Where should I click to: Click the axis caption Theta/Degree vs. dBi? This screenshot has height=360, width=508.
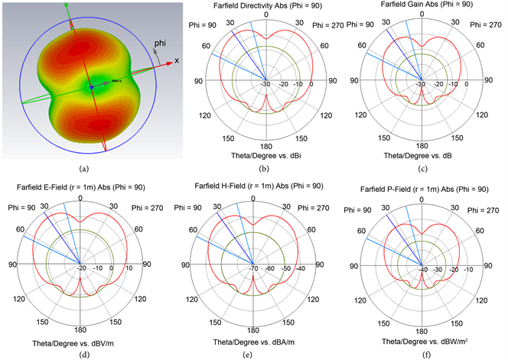click(264, 156)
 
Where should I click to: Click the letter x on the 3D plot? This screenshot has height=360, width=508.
click(176, 60)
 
